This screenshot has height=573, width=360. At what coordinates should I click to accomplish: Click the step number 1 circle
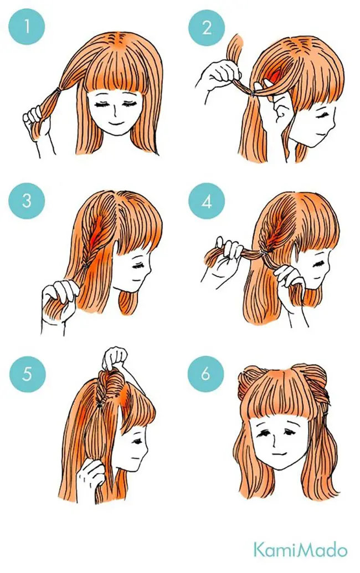point(27,26)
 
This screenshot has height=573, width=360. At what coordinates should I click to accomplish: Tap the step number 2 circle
point(207,28)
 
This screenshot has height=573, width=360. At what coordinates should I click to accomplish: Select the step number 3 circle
point(27,201)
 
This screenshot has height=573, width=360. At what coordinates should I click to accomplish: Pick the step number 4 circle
point(207,201)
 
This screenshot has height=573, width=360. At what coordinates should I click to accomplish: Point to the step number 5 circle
point(27,374)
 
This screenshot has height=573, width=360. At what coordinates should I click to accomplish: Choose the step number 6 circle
point(205,374)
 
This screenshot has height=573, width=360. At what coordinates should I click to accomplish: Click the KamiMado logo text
point(300,549)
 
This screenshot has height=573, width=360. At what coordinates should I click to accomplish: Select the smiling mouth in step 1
point(117,121)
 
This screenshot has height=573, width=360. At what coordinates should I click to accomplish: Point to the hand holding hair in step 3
point(58,300)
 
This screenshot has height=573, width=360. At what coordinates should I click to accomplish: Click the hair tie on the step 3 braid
point(85,265)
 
